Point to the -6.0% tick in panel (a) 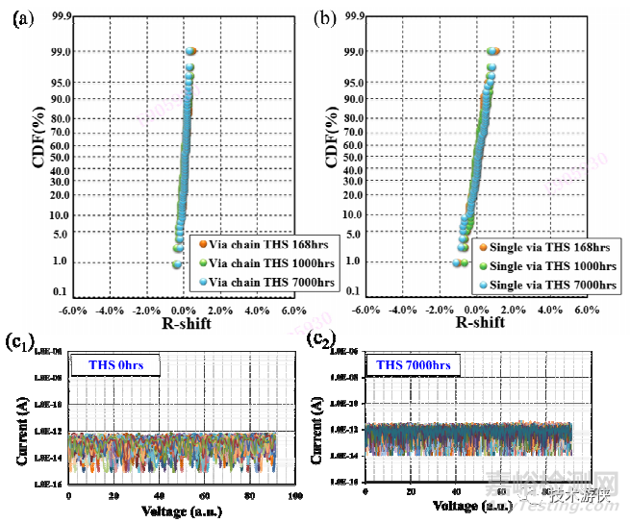pyautogui.click(x=74, y=310)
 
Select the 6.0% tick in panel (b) pyautogui.click(x=583, y=310)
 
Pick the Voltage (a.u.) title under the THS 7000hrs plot pyautogui.click(x=463, y=504)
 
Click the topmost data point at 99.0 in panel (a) pyautogui.click(x=190, y=51)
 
